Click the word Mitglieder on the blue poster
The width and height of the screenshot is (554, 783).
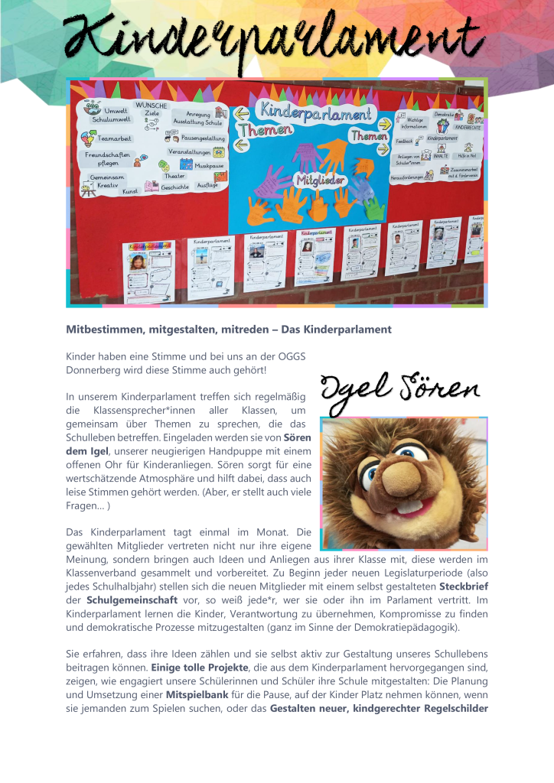(x=320, y=181)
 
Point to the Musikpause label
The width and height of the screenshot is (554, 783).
(x=209, y=165)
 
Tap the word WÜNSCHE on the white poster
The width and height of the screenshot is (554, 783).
(x=152, y=105)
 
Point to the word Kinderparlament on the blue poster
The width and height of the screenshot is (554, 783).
(x=318, y=112)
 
